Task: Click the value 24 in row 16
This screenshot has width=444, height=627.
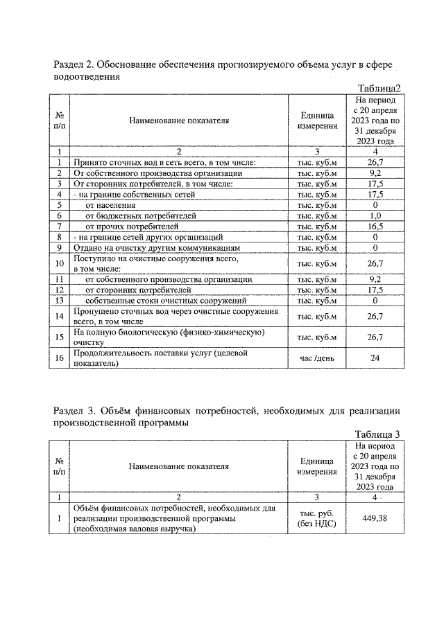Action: point(375,359)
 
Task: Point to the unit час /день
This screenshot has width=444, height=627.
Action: point(317,359)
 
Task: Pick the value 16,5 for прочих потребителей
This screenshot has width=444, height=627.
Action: point(375,226)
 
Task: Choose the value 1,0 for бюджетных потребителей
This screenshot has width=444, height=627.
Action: point(375,215)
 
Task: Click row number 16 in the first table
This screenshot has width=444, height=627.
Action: point(60,359)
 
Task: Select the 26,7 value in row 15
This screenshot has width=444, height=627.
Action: point(375,337)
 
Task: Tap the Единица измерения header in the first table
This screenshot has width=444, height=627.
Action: point(317,121)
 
